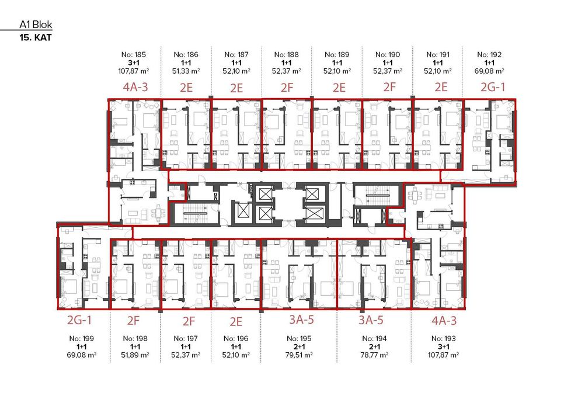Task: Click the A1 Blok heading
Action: coord(36,25)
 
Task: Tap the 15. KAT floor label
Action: coord(36,37)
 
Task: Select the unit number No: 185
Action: coord(134,54)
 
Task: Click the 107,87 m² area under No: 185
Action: coord(134,71)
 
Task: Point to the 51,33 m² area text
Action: coord(186,71)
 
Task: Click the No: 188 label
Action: coord(287,54)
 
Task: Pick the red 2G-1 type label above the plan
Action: coord(493,87)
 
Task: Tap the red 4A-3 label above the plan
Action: coord(135,87)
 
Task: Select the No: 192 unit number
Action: coord(489,54)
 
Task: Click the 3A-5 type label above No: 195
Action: coord(301,320)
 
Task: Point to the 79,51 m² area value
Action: coord(299,355)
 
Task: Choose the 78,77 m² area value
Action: coord(374,355)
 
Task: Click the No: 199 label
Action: coord(82,338)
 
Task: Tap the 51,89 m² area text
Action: coord(135,355)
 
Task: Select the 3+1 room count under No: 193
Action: coord(444,346)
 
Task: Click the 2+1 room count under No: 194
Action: coord(374,346)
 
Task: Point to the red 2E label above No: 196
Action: coord(236,321)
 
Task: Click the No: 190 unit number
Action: coord(388,54)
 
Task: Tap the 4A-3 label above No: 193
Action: coord(444,321)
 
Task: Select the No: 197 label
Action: coord(186,338)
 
